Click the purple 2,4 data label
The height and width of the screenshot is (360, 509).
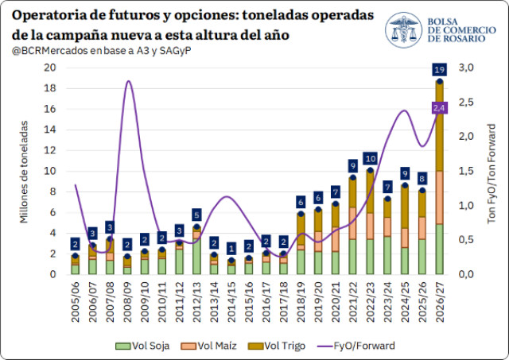coord(440,108)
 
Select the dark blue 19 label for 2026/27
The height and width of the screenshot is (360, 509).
coord(440,70)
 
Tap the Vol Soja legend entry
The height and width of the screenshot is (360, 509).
coord(142,346)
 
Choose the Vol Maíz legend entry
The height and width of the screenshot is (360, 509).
coord(208,346)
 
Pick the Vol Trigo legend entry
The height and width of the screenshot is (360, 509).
coord(277,346)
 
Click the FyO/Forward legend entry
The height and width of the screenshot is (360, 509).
coord(356,346)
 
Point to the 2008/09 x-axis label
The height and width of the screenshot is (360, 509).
coord(127,302)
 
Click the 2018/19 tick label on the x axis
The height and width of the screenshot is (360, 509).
coord(301,302)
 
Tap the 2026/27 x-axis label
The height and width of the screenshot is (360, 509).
coord(440,302)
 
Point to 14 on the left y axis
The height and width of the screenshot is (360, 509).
coord(50,130)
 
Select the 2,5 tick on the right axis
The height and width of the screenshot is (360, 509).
coord(466,103)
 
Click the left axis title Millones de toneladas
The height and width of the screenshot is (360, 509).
coord(24,172)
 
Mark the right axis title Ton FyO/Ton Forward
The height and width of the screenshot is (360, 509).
coord(492,173)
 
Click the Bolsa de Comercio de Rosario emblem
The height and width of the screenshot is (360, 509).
coord(403,30)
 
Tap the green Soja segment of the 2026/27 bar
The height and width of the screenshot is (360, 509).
coord(440,249)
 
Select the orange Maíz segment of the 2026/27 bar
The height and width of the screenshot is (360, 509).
coord(440,198)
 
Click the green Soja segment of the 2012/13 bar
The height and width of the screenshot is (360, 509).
coord(196,256)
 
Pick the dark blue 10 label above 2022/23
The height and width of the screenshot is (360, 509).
coord(371,159)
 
